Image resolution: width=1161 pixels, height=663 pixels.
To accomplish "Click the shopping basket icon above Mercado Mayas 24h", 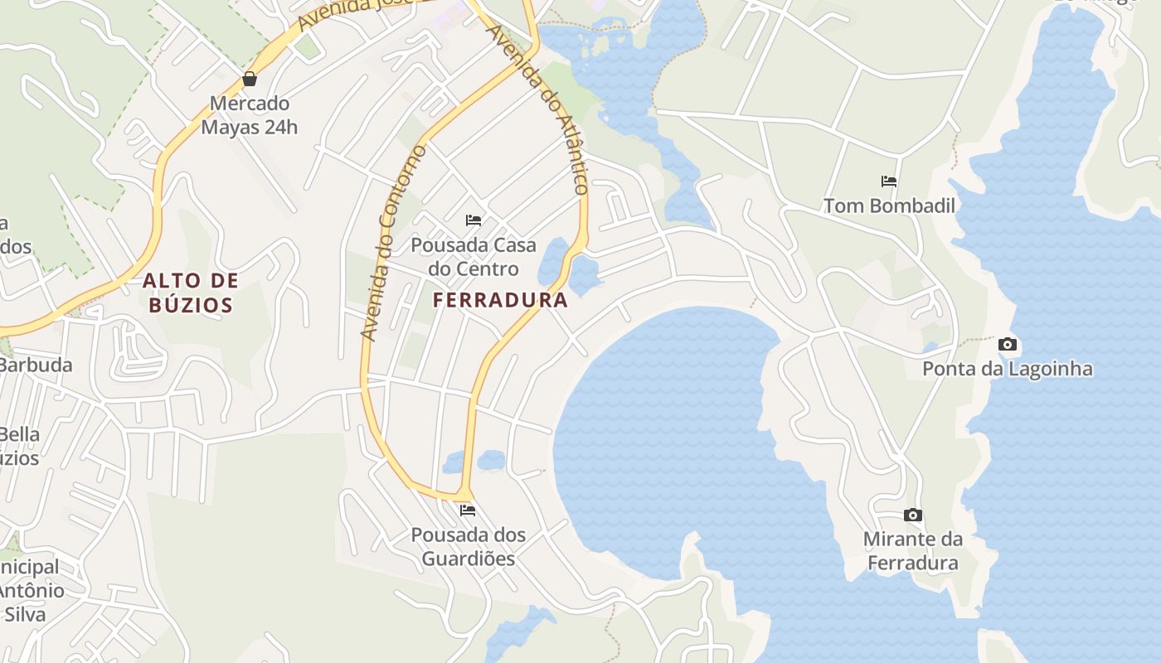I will [249, 80].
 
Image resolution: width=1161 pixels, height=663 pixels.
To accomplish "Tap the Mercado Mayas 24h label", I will [249, 115].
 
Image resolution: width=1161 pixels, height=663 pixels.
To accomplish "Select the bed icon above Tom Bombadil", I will [889, 181].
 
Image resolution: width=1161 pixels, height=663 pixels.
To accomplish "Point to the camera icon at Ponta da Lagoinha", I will [1008, 344].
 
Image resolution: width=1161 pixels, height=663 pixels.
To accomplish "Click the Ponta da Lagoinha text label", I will [1008, 369].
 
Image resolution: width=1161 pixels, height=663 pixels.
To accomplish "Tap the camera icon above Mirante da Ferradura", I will [912, 515].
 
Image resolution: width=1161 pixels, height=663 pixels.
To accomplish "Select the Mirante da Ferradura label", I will [912, 551].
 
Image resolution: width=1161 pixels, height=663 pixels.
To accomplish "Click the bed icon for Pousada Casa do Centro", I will [474, 220].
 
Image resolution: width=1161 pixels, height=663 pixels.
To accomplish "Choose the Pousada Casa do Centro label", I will [474, 257].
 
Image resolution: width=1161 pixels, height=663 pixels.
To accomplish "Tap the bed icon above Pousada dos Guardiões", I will [468, 510].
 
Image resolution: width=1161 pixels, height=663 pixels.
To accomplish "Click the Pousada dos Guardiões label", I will [469, 546].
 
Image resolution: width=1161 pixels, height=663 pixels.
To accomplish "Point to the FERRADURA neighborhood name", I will [501, 300].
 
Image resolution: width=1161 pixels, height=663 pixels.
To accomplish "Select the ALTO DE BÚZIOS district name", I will [191, 293].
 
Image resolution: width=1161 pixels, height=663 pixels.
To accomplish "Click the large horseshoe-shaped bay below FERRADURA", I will [663, 439].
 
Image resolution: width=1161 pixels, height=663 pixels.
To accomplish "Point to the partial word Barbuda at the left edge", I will [36, 365].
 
